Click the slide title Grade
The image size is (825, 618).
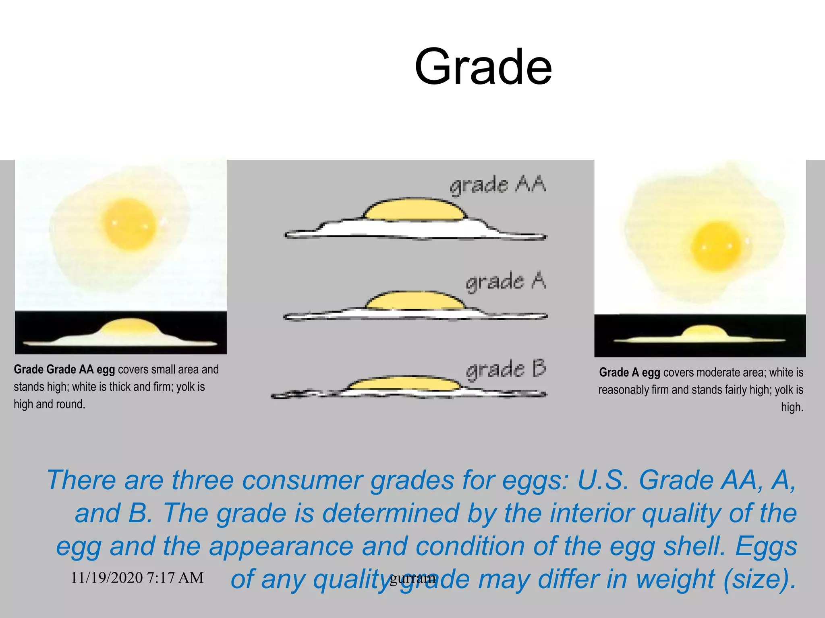(x=483, y=67)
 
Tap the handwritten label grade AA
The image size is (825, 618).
(x=498, y=185)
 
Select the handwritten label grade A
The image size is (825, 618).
(x=506, y=281)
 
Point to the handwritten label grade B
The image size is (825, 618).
(x=506, y=369)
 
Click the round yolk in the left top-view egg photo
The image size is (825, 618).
(x=129, y=223)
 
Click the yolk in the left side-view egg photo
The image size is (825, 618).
(x=129, y=326)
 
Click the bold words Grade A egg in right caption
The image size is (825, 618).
(x=629, y=373)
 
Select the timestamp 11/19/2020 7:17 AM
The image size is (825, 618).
(x=137, y=578)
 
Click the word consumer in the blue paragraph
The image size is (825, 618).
(x=302, y=481)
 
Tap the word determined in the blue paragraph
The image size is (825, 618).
(x=391, y=513)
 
